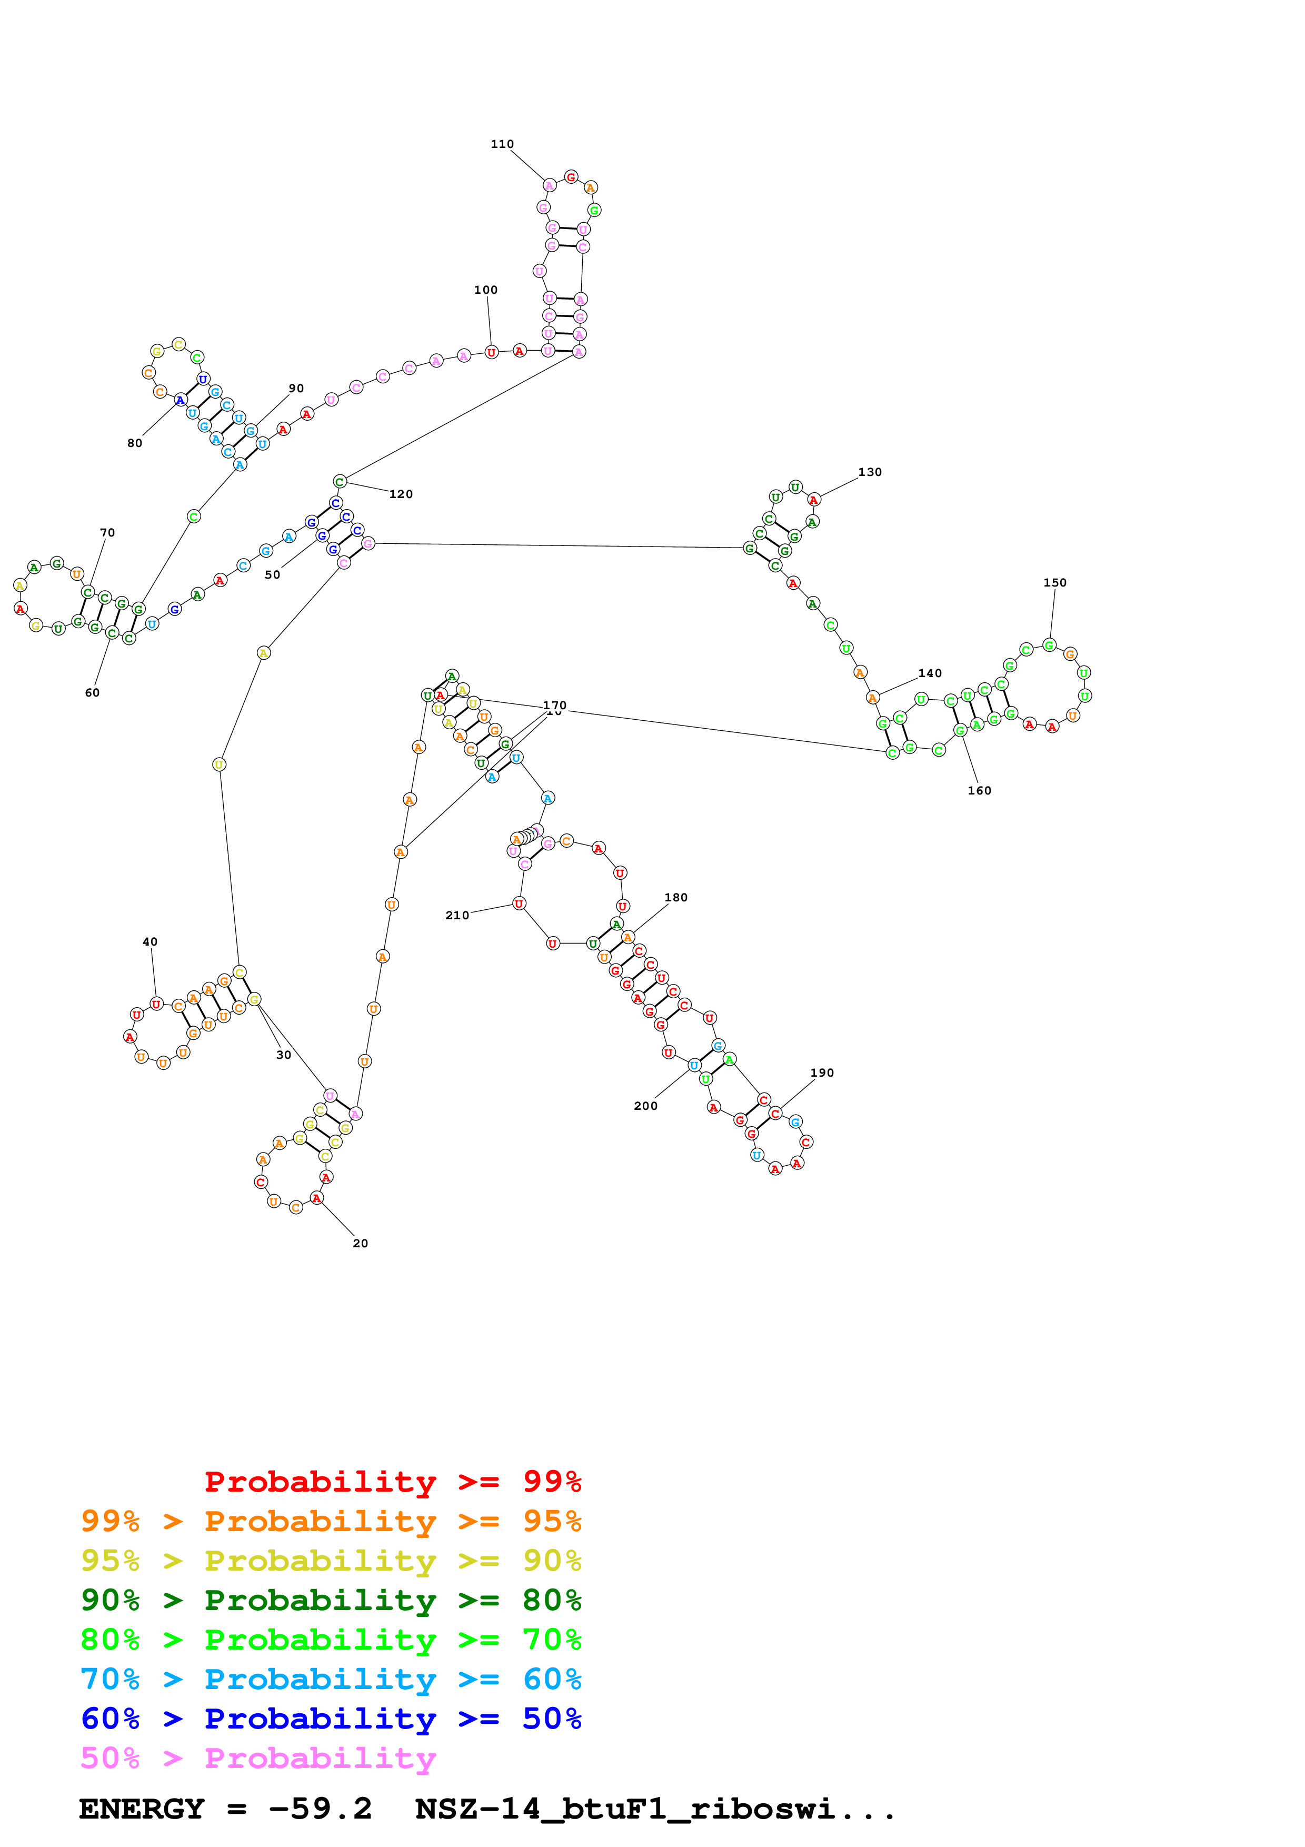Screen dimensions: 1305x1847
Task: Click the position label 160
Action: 979,791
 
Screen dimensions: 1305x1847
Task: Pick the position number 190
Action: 822,1073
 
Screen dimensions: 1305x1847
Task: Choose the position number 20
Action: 360,1243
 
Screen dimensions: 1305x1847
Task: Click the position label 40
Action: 150,941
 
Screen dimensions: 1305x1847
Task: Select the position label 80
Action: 134,443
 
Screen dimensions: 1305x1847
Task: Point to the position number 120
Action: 401,494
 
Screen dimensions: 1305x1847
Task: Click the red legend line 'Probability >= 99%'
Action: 392,1481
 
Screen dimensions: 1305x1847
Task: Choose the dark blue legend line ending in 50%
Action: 331,1719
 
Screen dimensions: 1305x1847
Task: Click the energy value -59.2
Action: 320,1809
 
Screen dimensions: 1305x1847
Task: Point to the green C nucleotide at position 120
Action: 340,482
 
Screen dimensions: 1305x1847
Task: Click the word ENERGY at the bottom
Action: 142,1809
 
